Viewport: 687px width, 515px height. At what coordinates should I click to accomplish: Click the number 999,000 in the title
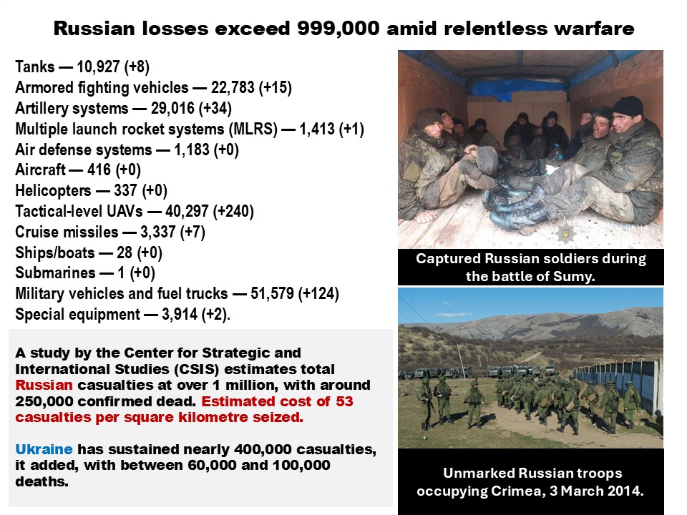point(338,29)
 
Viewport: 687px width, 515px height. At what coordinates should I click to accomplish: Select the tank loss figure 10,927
point(98,67)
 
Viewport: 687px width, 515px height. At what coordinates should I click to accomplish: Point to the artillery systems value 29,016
point(172,108)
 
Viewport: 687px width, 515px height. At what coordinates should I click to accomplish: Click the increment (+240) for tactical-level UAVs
point(233,212)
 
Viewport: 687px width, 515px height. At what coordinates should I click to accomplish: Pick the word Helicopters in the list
point(53,191)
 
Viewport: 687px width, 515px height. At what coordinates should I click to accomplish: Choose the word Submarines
point(55,273)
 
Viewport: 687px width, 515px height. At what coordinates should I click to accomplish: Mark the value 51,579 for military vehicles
point(272,293)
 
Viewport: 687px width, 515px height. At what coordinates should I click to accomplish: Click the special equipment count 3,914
point(180,315)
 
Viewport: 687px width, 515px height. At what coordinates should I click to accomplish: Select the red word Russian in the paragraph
point(44,386)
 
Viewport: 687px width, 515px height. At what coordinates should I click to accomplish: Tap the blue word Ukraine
point(44,449)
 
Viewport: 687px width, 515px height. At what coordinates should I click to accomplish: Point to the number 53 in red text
point(344,401)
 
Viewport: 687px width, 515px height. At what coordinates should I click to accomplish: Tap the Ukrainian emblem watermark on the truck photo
point(566,233)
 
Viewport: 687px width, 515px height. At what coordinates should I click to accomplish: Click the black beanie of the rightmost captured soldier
point(628,106)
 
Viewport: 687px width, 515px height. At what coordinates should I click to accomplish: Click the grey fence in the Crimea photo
point(618,382)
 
